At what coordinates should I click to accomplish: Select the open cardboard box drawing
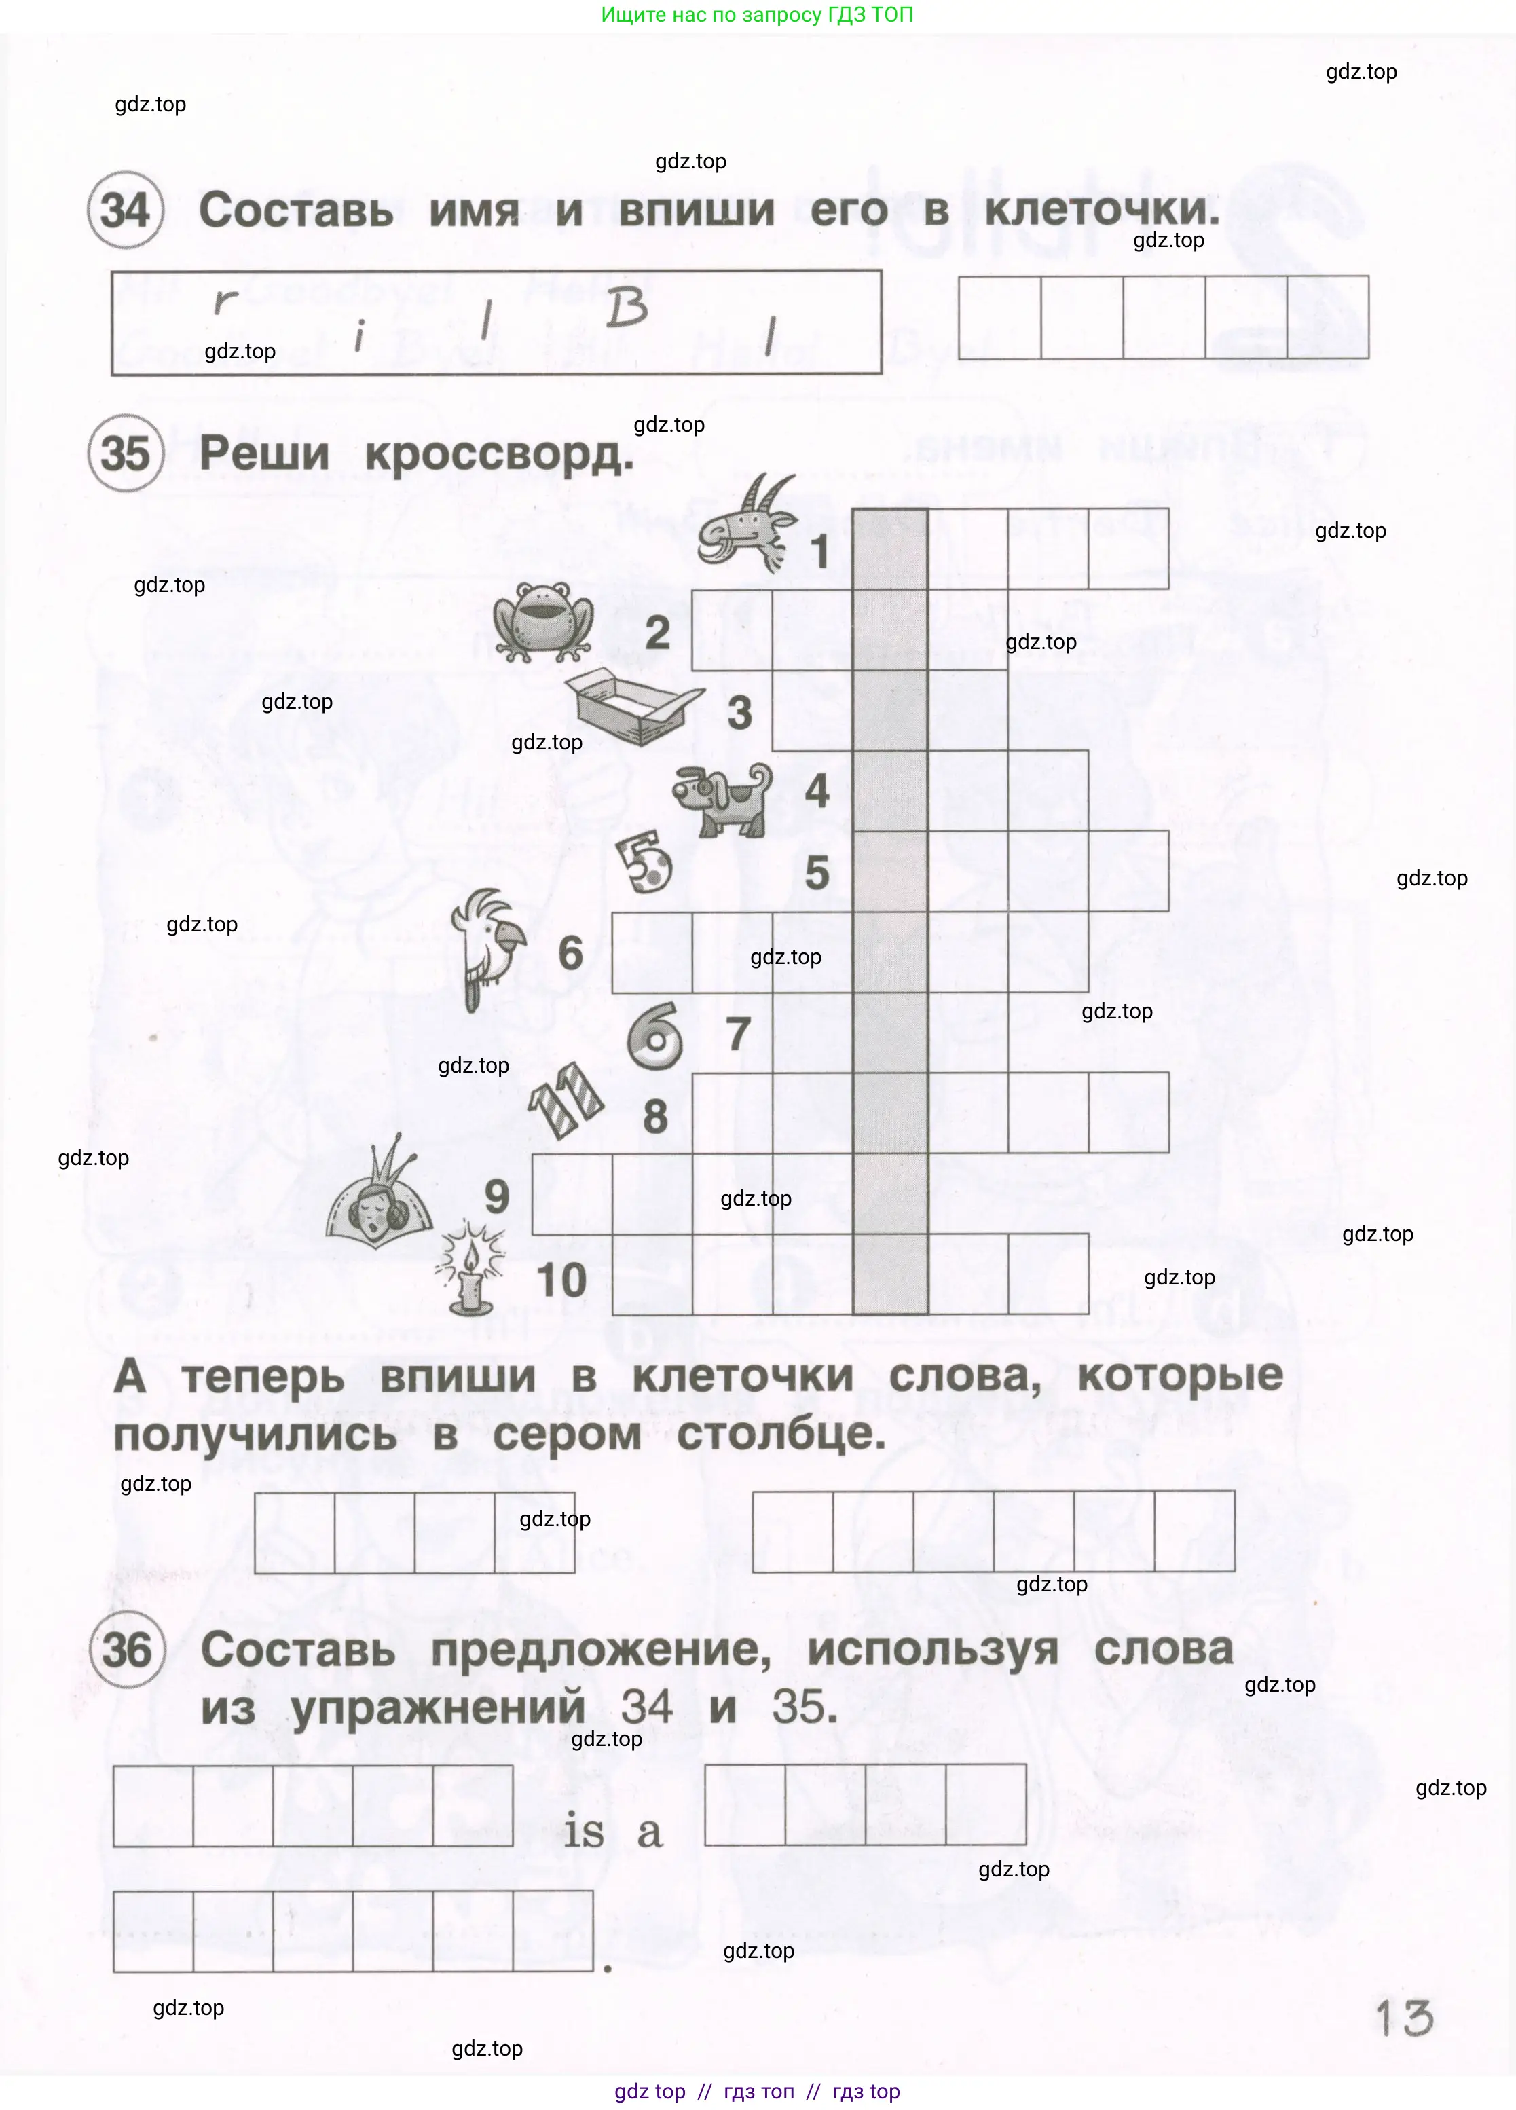[633, 707]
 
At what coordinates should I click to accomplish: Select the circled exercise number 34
[126, 210]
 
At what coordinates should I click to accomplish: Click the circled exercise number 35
[126, 454]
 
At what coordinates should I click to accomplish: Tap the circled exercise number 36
[128, 1650]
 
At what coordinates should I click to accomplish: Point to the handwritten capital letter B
[627, 308]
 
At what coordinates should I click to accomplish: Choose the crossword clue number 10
[561, 1280]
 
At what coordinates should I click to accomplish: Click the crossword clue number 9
[497, 1196]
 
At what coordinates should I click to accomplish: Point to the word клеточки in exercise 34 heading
[1101, 210]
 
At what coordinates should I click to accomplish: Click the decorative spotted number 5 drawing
[646, 862]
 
